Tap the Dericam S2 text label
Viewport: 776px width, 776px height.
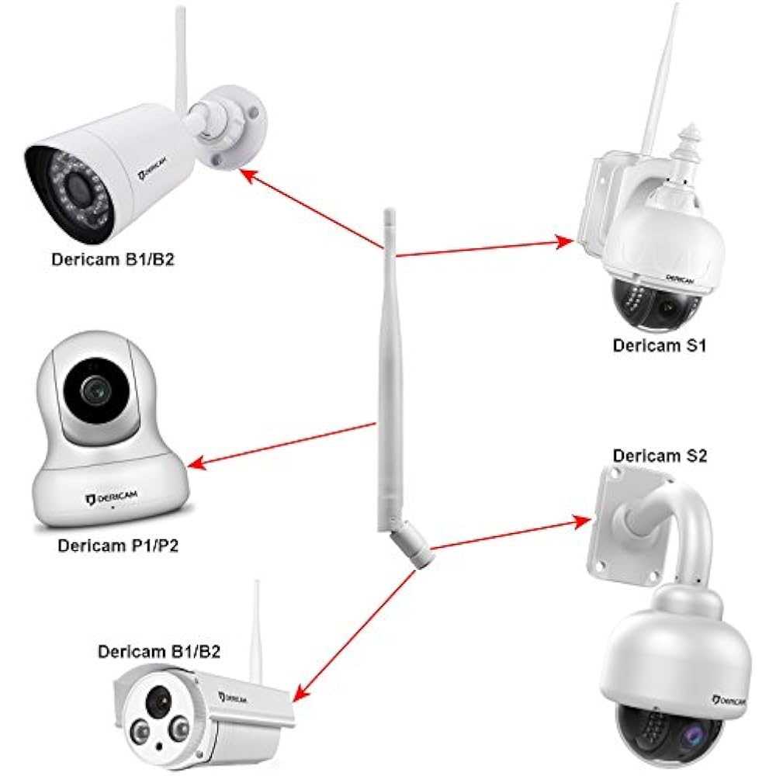pos(660,456)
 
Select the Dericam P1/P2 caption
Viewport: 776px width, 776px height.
pos(119,545)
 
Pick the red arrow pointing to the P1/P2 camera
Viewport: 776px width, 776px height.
pos(283,445)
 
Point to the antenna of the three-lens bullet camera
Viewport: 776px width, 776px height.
pos(257,629)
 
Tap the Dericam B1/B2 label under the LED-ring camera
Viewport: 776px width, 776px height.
pos(113,259)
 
